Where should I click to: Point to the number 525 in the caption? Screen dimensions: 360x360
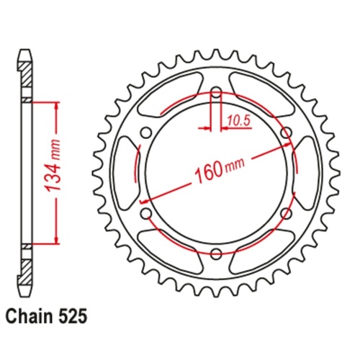pos(76,315)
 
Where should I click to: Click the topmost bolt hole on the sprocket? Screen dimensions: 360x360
pos(216,91)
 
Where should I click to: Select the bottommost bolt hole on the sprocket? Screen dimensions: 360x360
pos(216,253)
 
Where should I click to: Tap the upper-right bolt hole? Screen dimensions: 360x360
pos(286,132)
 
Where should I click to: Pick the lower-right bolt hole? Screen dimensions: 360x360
pos(286,213)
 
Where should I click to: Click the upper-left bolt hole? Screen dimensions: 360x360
pos(146,132)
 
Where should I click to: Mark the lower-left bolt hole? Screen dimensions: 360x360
pos(146,213)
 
